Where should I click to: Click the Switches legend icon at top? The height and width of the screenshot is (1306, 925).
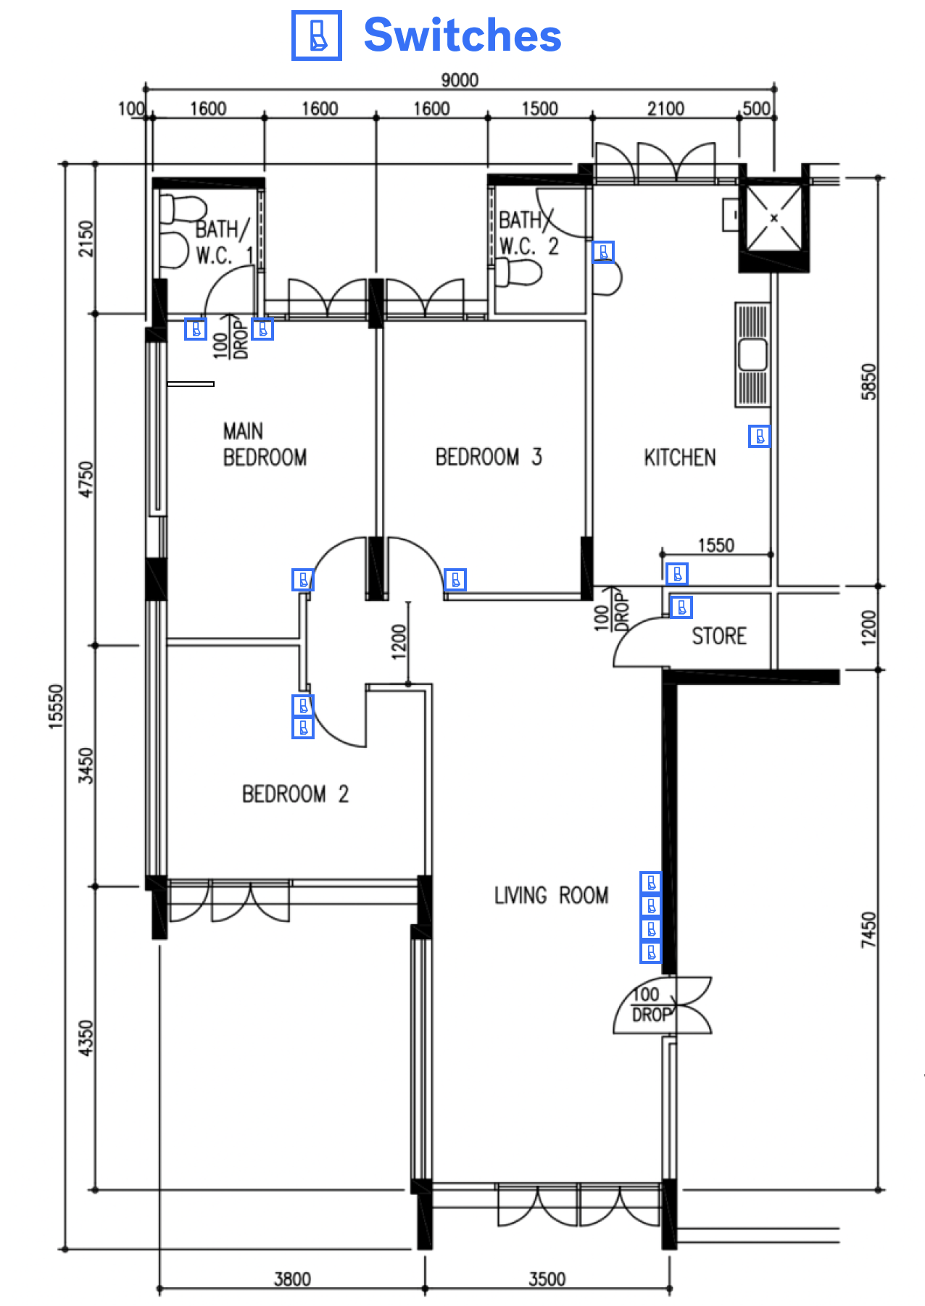[x=316, y=36]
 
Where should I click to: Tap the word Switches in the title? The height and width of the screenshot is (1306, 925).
[x=462, y=36]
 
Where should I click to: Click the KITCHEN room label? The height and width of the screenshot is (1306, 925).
[x=679, y=457]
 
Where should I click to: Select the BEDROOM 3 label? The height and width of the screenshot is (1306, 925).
[x=488, y=457]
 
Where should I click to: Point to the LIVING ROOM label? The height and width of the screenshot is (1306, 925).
[x=551, y=896]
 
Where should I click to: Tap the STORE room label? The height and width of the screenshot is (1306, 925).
[x=718, y=636]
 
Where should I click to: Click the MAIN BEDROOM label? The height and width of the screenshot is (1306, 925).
[x=264, y=444]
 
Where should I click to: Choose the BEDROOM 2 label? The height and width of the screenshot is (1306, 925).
[x=295, y=794]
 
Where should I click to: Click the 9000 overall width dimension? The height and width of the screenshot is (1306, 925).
[x=460, y=80]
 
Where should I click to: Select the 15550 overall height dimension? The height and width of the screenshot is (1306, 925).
[x=57, y=706]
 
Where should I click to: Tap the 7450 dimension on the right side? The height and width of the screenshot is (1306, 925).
[x=868, y=930]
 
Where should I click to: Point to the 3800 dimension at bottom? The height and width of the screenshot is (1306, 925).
[x=292, y=1279]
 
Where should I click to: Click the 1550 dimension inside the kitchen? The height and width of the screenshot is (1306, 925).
[x=715, y=545]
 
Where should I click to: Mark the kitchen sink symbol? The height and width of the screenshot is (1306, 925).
[x=752, y=355]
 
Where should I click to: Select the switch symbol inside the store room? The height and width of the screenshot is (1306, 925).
[x=681, y=607]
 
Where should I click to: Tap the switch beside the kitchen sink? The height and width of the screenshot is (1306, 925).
[x=759, y=436]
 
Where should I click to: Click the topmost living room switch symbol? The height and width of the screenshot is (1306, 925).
[x=651, y=883]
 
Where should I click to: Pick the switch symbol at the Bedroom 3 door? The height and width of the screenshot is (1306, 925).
[x=455, y=580]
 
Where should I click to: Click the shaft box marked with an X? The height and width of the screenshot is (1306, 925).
[x=773, y=217]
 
